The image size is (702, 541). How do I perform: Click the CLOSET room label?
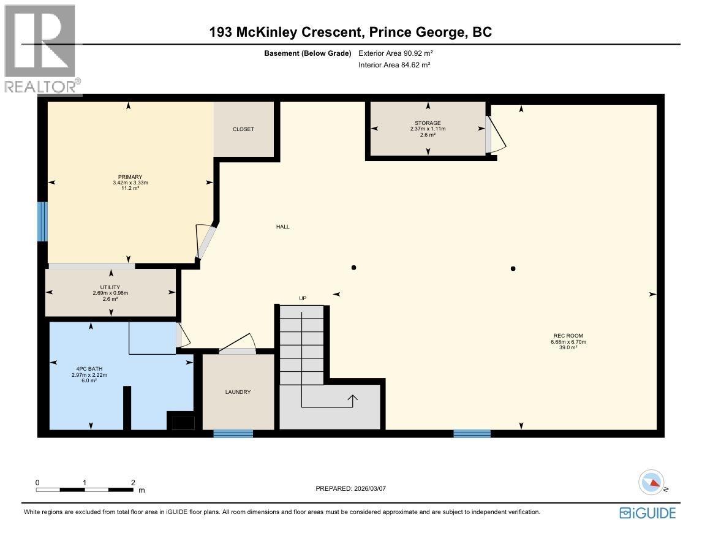pyautogui.click(x=243, y=129)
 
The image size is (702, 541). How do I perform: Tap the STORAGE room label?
pyautogui.click(x=428, y=123)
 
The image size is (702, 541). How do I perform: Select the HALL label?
pyautogui.click(x=282, y=227)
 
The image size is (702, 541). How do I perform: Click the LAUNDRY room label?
pyautogui.click(x=238, y=392)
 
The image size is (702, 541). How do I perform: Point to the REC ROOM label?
pyautogui.click(x=568, y=336)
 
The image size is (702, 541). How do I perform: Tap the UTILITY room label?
pyautogui.click(x=110, y=287)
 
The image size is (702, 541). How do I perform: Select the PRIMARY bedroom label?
pyautogui.click(x=127, y=177)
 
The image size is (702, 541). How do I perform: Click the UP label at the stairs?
pyautogui.click(x=303, y=298)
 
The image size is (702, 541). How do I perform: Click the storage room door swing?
pyautogui.click(x=495, y=134)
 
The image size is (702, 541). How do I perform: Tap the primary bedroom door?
pyautogui.click(x=205, y=240)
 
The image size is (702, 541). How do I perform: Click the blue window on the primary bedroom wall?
pyautogui.click(x=42, y=221)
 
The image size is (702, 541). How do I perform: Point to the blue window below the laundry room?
pyautogui.click(x=233, y=434)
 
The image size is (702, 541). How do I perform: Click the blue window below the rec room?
pyautogui.click(x=472, y=434)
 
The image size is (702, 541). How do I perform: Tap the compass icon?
pyautogui.click(x=651, y=483)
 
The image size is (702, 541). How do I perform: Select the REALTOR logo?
pyautogui.click(x=40, y=49)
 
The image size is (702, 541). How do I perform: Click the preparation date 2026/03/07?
pyautogui.click(x=351, y=489)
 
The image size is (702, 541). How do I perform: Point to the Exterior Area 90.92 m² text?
pyautogui.click(x=395, y=53)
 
